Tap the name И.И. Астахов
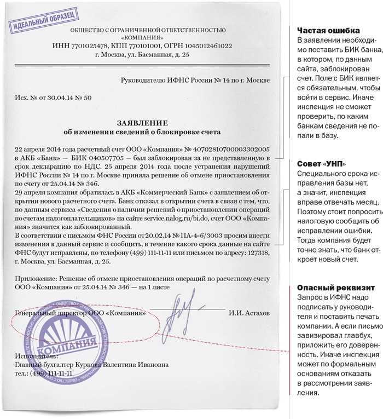pos(249,314)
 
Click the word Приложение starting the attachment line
pos(35,279)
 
